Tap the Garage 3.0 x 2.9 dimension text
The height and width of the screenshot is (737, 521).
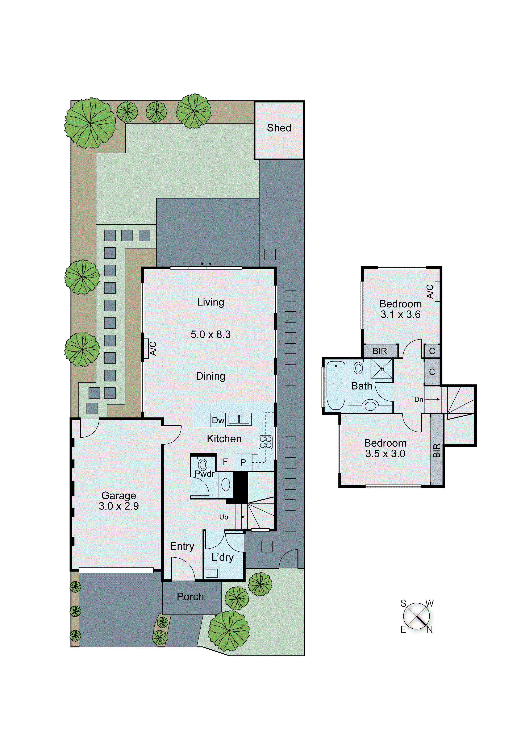[118, 506]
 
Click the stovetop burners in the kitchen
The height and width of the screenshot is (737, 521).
[266, 442]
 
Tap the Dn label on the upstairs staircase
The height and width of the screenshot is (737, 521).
[419, 399]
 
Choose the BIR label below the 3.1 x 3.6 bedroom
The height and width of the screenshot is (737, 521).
[380, 351]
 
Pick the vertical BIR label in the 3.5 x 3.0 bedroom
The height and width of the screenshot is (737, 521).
[436, 451]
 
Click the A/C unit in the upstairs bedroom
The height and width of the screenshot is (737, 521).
[437, 291]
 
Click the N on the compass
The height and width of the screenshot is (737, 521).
[430, 629]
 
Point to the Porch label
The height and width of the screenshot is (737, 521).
[190, 597]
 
